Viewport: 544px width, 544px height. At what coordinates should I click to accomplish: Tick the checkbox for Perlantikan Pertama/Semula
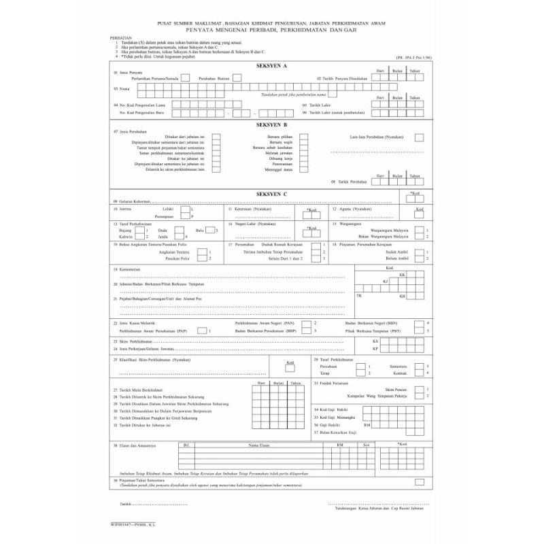tap(185, 79)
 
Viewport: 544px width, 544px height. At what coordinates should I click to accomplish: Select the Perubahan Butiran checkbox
tap(237, 79)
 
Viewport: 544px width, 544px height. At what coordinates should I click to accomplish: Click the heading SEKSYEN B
tap(271, 125)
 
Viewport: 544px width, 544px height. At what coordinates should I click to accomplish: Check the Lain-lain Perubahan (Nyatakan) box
tap(420, 137)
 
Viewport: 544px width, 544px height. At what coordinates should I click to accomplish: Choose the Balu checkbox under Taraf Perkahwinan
tap(210, 231)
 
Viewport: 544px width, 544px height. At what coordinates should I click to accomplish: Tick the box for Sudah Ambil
tap(420, 252)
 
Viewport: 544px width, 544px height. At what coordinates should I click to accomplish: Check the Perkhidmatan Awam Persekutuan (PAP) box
tap(202, 330)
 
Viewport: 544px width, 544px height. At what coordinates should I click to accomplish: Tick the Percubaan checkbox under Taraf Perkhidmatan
tap(361, 366)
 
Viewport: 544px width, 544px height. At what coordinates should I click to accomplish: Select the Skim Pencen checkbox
tap(420, 390)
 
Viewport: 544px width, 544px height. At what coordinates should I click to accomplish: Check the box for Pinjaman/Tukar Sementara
tap(420, 481)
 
